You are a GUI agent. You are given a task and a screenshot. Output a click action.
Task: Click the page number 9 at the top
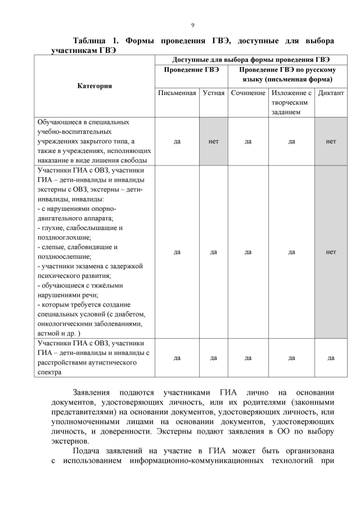192,25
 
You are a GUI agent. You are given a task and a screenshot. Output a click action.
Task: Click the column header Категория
94,85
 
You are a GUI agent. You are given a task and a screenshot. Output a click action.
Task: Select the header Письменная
177,93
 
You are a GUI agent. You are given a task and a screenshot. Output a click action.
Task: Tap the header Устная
214,93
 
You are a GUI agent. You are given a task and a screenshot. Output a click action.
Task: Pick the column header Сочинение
248,93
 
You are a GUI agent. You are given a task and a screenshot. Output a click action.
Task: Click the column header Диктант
331,93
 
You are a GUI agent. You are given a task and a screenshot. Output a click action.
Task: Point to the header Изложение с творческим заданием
291,102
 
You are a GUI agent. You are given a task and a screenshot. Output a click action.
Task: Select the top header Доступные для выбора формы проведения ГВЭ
251,59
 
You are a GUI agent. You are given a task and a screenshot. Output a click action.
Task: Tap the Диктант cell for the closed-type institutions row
331,141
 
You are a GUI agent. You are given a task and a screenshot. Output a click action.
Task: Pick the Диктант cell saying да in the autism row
331,357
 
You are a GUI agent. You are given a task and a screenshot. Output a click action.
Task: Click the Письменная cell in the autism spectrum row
177,357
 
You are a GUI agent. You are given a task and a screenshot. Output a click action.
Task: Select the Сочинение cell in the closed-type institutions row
248,141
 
